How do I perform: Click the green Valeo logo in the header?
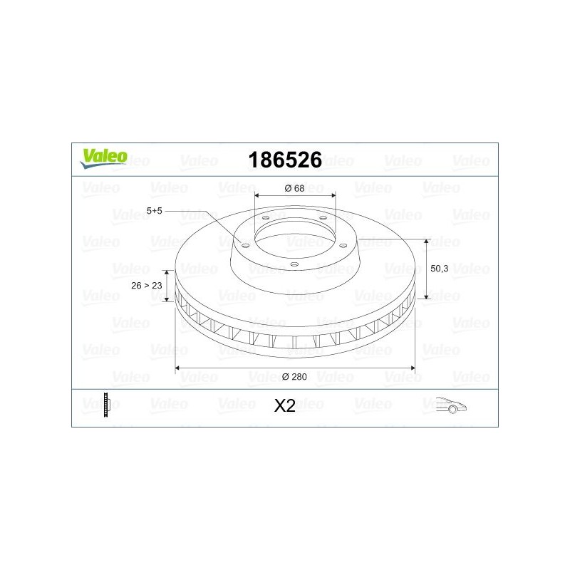[x=104, y=158]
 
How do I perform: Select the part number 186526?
[x=285, y=160]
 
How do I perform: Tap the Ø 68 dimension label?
[x=294, y=188]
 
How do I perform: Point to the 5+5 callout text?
[x=154, y=211]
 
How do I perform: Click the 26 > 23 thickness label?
[x=147, y=286]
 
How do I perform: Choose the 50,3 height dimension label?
[x=439, y=269]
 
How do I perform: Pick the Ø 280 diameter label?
[x=294, y=377]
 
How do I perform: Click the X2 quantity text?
[x=284, y=406]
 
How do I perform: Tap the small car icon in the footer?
[x=451, y=405]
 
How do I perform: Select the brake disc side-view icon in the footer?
[x=106, y=405]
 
